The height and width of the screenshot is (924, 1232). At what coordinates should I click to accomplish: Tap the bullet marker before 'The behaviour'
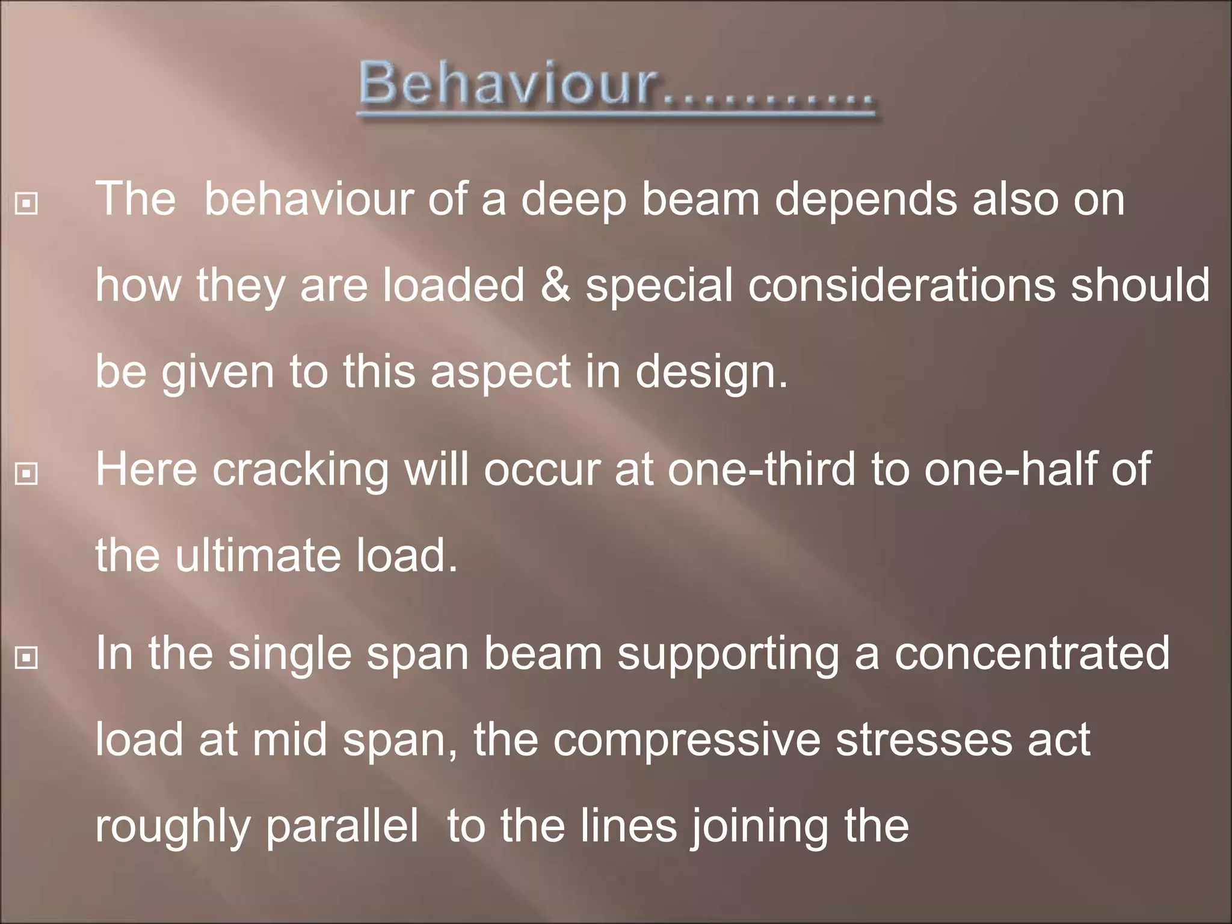point(26,205)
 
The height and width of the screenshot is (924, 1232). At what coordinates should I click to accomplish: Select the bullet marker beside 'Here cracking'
point(26,474)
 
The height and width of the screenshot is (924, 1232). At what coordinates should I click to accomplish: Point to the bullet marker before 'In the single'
point(26,658)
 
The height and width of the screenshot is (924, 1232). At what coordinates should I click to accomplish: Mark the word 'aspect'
point(500,374)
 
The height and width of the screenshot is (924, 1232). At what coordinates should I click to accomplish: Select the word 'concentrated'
point(1032,654)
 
